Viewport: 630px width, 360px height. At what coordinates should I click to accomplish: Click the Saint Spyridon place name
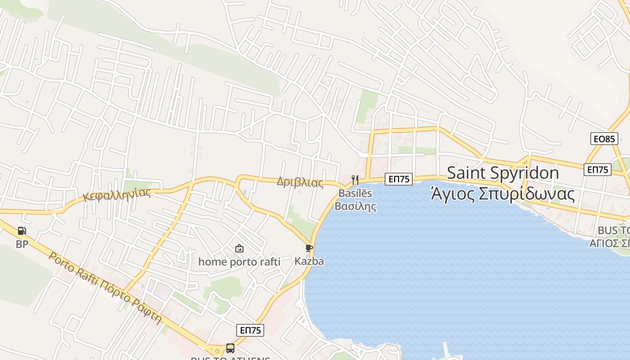pyautogui.click(x=503, y=173)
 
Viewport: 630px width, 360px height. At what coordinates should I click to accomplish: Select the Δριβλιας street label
pyautogui.click(x=300, y=182)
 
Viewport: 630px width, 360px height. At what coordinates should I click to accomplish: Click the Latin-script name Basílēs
pyautogui.click(x=355, y=193)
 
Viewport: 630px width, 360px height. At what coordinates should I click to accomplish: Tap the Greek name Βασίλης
pyautogui.click(x=355, y=207)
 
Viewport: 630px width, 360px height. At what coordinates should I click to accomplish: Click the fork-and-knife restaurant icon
pyautogui.click(x=355, y=180)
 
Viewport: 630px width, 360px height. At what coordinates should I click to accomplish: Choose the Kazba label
pyautogui.click(x=309, y=261)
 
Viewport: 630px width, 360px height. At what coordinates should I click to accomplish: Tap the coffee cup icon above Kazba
pyautogui.click(x=309, y=248)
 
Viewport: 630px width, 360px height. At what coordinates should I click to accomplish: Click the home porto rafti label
pyautogui.click(x=239, y=261)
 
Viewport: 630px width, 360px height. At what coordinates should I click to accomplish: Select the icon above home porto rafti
pyautogui.click(x=239, y=248)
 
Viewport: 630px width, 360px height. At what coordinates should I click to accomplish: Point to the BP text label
pyautogui.click(x=22, y=244)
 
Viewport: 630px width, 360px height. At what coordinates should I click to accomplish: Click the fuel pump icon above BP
pyautogui.click(x=22, y=231)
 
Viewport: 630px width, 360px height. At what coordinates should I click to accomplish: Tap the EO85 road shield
pyautogui.click(x=604, y=139)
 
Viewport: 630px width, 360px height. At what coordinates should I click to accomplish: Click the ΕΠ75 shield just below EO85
pyautogui.click(x=598, y=170)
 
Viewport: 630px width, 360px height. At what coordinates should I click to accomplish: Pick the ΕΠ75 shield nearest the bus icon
pyautogui.click(x=250, y=330)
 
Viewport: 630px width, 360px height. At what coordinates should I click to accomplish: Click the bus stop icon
pyautogui.click(x=230, y=348)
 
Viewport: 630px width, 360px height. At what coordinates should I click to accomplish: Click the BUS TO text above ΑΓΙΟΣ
pyautogui.click(x=613, y=231)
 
